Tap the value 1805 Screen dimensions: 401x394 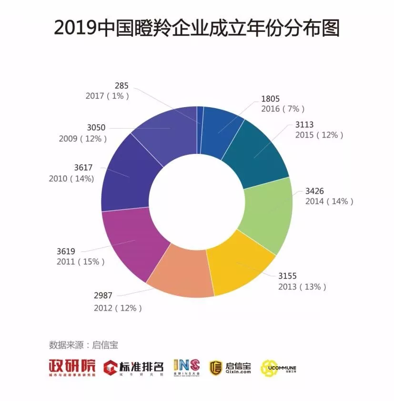tap(270, 99)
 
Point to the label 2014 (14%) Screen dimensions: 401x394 tap(329, 201)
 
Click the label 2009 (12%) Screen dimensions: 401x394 tap(83, 139)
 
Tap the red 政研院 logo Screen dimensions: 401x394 tap(72, 367)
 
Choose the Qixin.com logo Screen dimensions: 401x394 tap(231, 367)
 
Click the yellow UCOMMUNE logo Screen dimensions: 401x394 tap(279, 367)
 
